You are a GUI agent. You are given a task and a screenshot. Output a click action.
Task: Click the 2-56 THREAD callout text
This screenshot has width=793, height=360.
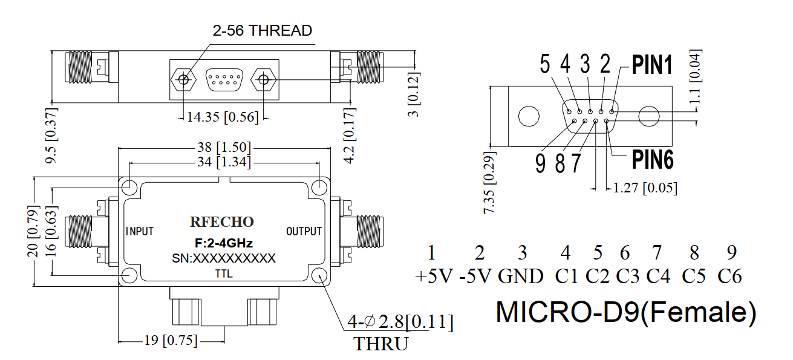263,31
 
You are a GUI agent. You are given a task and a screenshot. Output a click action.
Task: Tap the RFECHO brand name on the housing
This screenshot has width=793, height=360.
222,222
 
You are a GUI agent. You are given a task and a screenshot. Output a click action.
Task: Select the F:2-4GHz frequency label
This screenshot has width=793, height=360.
224,243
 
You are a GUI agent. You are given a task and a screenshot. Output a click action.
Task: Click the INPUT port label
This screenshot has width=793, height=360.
140,231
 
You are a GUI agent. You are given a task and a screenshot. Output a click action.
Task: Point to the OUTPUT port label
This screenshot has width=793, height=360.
304,231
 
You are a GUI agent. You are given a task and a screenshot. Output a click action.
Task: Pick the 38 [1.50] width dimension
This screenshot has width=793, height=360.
224,147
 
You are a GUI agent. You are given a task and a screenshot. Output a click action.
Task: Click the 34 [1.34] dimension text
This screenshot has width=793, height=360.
224,162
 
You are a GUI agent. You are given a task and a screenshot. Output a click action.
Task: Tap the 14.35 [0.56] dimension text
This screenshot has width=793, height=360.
223,117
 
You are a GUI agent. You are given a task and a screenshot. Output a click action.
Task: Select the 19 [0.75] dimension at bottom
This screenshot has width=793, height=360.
171,341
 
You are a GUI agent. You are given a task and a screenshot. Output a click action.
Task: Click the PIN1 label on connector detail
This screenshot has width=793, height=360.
652,65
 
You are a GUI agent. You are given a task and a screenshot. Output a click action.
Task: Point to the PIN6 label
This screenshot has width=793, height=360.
653,160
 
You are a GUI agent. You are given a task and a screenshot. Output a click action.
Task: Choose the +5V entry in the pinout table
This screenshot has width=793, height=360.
434,277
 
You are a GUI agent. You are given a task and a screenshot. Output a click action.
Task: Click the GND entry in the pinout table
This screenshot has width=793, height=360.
520,277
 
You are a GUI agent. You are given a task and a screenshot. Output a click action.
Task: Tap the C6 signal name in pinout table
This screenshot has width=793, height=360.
729,277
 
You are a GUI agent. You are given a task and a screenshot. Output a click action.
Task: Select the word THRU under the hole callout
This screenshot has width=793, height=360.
381,344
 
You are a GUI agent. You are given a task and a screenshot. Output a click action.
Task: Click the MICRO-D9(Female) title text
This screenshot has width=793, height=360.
626,312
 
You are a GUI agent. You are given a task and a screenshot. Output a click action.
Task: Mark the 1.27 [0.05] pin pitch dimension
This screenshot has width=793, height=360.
645,188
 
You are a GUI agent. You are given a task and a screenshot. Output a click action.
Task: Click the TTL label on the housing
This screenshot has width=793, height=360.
224,274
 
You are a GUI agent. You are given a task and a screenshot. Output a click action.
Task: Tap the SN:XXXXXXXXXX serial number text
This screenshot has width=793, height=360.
224,258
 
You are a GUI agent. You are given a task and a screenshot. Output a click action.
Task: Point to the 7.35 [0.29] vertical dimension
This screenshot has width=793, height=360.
489,183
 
